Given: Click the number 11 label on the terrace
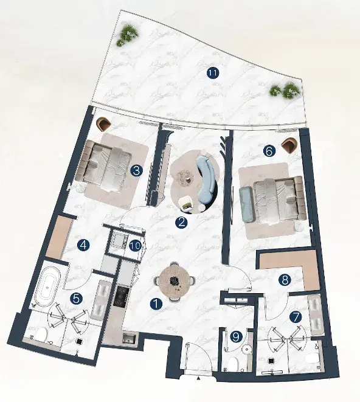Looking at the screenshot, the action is [x=213, y=74].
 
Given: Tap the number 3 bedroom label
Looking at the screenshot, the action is [x=136, y=170].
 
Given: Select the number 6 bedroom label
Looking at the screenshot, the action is [x=269, y=151].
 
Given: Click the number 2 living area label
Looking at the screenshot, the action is [x=181, y=222].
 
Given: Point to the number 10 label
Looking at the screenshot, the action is [x=135, y=246].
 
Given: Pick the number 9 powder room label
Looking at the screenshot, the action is [x=235, y=337].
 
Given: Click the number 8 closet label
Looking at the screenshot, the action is [x=285, y=280].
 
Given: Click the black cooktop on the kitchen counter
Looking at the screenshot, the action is [x=120, y=296].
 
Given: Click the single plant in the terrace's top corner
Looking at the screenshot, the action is [x=128, y=36].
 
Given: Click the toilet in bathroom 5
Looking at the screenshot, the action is [x=41, y=334].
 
